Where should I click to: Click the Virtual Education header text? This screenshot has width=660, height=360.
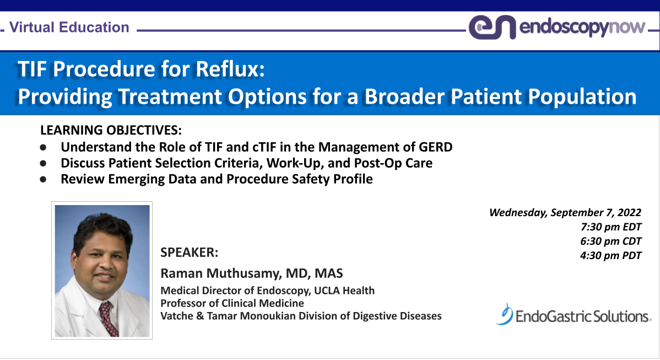[x=69, y=27]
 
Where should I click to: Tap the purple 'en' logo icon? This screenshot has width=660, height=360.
[x=492, y=27]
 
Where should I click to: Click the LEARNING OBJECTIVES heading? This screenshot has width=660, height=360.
[x=111, y=131]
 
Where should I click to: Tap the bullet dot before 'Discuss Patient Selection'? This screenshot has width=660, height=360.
[x=44, y=164]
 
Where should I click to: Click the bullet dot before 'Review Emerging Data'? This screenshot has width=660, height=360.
[x=44, y=180]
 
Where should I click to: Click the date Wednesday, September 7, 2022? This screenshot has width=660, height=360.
[x=565, y=213]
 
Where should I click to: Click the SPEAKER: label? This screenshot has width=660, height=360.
[x=189, y=252]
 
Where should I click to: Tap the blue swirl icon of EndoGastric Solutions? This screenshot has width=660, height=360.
[x=504, y=314]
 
